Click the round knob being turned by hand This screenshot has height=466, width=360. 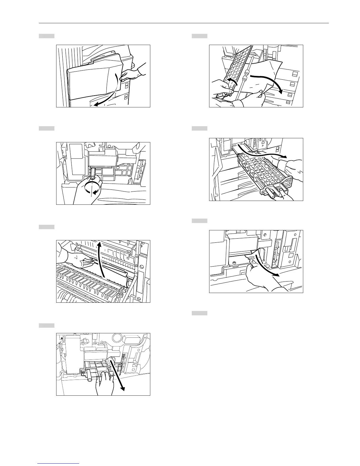point(93,178)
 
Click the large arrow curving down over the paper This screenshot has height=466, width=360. point(268,82)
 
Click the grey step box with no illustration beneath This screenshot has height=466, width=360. point(200,313)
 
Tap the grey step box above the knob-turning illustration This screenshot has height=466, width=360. point(47,128)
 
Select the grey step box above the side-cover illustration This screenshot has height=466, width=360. point(47,36)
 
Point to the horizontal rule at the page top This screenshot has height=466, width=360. point(184,23)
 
